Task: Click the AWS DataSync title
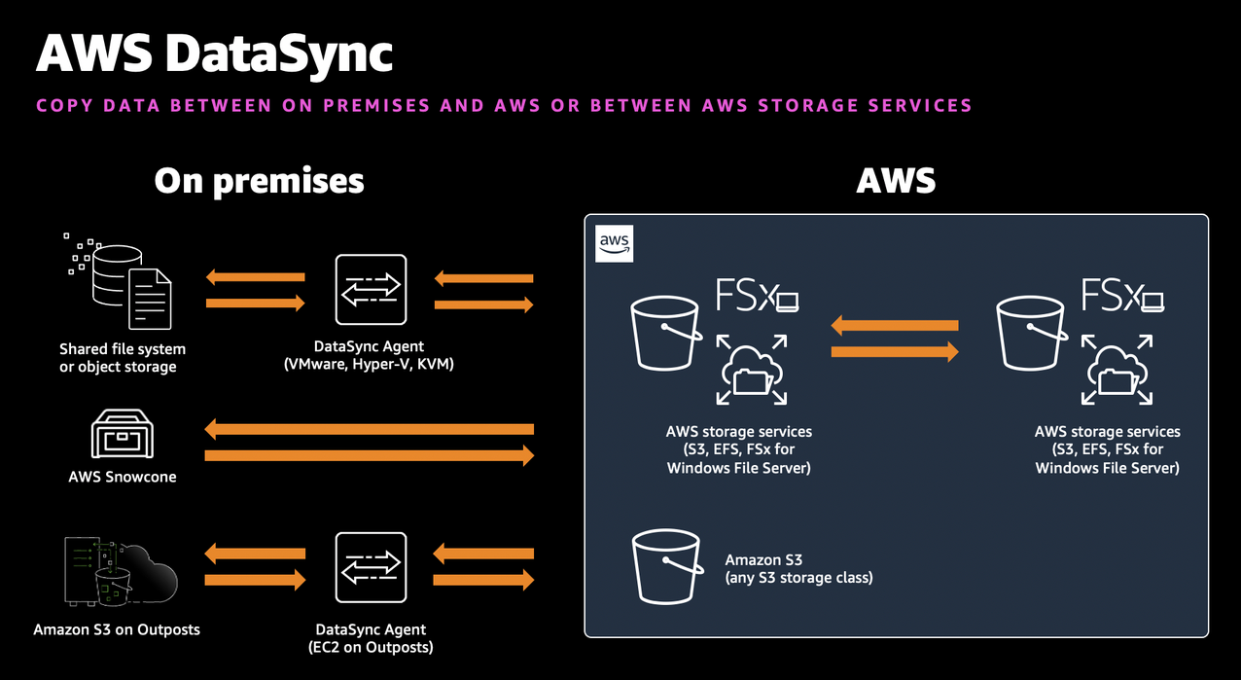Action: pos(214,53)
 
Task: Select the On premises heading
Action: pos(259,180)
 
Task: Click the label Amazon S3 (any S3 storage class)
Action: pos(798,568)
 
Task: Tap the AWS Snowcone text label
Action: pos(123,477)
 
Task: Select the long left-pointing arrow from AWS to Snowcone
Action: pos(370,429)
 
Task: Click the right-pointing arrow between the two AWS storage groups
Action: pos(895,352)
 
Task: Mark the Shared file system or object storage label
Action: pos(123,357)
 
